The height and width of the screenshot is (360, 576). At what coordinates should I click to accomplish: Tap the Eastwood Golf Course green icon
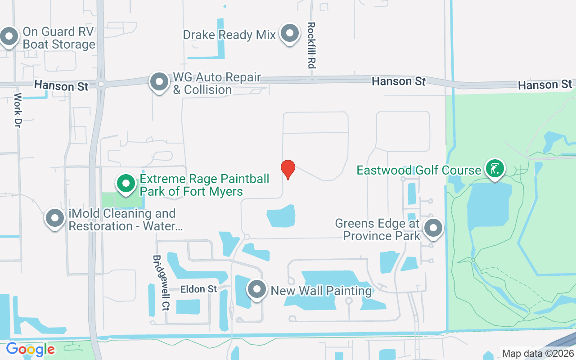click(495, 169)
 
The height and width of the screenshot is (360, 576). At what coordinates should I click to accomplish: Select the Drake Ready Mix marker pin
click(290, 33)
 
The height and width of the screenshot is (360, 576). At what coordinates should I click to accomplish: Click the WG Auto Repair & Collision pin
click(159, 82)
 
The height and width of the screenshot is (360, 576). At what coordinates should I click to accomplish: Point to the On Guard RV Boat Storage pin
click(9, 36)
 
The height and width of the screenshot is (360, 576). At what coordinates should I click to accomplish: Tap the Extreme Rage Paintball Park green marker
click(126, 184)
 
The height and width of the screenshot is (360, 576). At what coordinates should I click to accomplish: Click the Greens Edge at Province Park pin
click(433, 228)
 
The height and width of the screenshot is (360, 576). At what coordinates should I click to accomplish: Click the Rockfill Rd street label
click(310, 45)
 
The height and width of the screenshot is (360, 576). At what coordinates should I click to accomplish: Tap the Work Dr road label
click(18, 110)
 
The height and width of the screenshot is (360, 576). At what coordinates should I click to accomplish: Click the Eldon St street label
click(199, 289)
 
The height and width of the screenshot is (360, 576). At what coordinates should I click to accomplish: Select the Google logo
click(30, 349)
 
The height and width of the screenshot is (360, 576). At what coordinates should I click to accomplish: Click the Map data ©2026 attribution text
click(538, 353)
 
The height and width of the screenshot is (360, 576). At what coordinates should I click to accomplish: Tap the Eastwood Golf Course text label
click(419, 170)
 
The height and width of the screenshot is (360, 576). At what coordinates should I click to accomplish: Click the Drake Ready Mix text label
click(229, 35)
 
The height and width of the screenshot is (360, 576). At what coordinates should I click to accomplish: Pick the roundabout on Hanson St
click(101, 83)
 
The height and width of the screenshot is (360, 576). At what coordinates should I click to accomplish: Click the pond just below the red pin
click(281, 216)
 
